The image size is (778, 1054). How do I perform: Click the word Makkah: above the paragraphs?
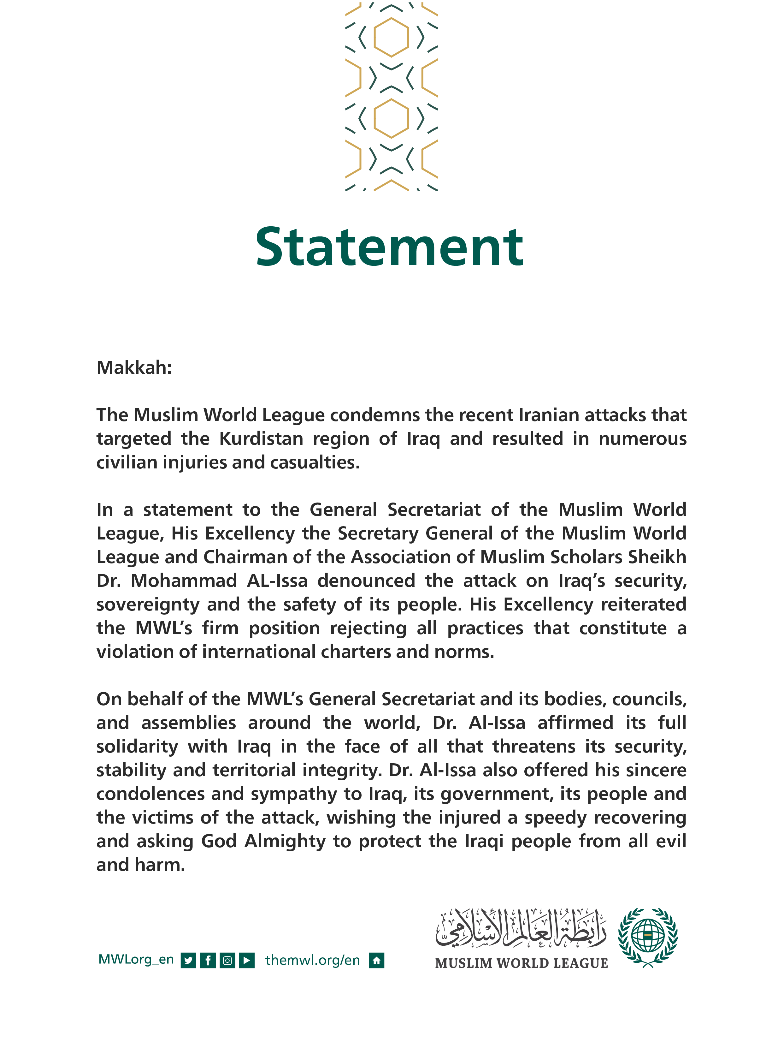coord(134,367)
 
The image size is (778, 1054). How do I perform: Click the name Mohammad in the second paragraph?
coord(184,581)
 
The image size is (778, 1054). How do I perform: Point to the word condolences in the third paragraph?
coord(150,794)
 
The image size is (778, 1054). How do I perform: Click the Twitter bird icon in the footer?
coord(188,960)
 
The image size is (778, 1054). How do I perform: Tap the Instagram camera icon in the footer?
coord(227,960)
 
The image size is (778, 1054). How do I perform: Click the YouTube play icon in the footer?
coord(247,960)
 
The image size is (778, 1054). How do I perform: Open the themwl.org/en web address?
coord(313,960)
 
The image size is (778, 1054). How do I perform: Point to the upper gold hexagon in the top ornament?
coord(391,37)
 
